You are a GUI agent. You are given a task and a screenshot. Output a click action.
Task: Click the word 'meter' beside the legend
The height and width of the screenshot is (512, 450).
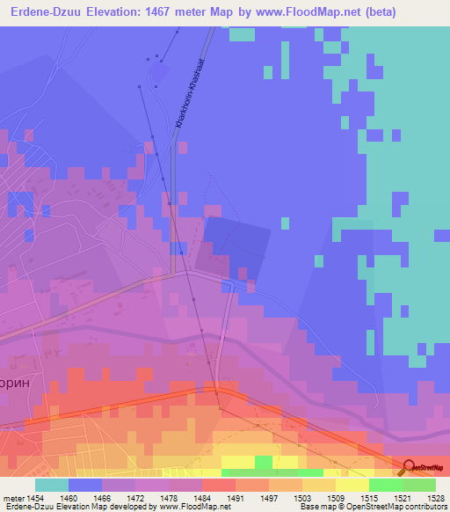click(x=14, y=497)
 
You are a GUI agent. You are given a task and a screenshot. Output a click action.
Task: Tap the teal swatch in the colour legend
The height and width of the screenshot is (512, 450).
click(x=52, y=485)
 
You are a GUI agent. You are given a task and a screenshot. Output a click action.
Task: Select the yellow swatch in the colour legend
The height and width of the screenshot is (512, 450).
click(x=352, y=485)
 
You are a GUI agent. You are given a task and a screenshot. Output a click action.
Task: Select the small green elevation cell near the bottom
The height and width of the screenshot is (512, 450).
click(x=264, y=462)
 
